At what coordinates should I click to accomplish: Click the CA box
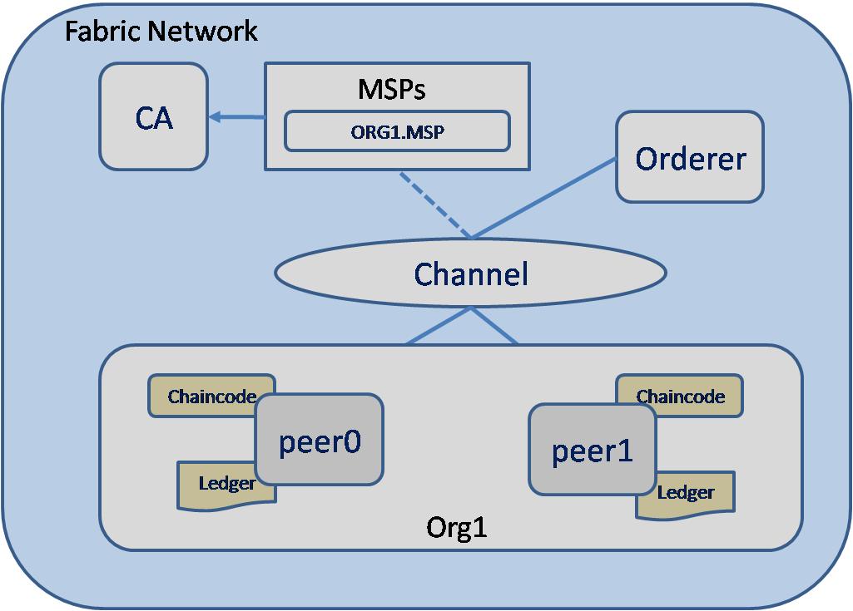point(154,117)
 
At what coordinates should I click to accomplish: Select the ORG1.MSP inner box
point(397,131)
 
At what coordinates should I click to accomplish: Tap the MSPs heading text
point(391,89)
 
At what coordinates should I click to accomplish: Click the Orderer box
point(690,157)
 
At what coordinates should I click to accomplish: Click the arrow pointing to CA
point(237,117)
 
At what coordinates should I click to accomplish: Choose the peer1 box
point(593,450)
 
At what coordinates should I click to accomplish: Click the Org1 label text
point(456,528)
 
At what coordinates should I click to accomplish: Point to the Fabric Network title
point(161,32)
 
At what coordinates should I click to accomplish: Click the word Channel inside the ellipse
point(471,273)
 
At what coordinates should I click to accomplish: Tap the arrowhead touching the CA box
point(215,117)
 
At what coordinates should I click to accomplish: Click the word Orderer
point(691,158)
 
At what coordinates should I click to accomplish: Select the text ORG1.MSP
point(397,131)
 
